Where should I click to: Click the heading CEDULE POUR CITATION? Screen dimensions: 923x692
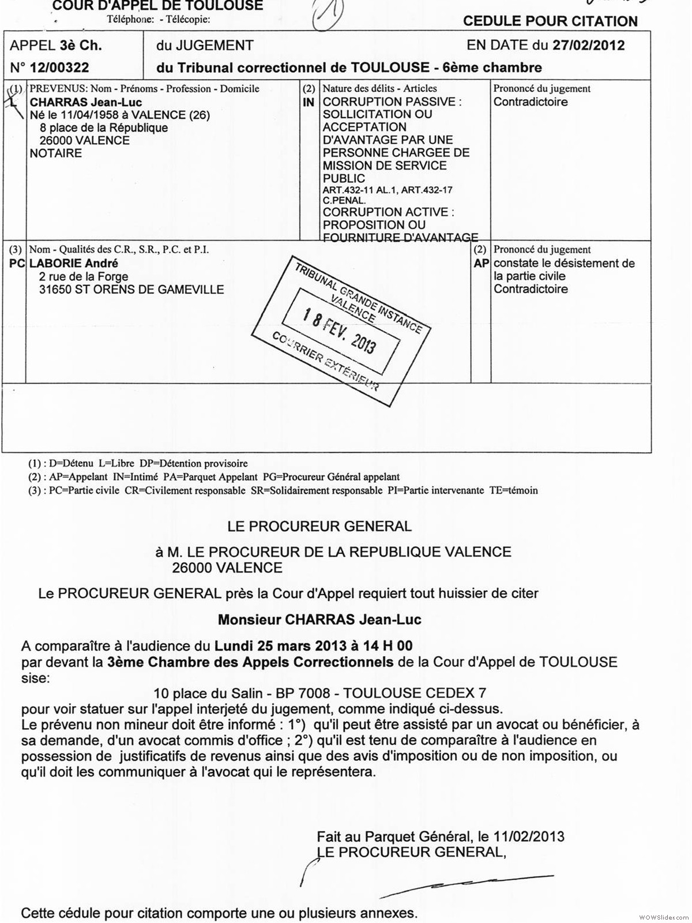pos(550,21)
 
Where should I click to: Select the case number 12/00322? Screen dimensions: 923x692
pos(59,67)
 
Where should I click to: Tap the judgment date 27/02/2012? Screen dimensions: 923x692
pos(588,46)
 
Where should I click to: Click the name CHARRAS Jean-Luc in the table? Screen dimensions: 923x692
pos(86,102)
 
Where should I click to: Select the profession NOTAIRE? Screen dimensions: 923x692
pos(56,153)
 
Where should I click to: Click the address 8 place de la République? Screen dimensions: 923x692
pos(104,127)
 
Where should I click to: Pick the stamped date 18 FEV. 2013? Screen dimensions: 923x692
pos(340,332)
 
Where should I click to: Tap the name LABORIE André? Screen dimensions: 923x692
pos(74,264)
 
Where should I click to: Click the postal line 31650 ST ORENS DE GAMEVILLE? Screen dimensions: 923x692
pos(131,290)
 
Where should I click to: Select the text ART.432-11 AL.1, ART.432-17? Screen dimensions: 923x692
pos(388,190)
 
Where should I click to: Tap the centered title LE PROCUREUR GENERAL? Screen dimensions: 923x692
pos(319,526)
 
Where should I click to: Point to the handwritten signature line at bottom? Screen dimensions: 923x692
pos(467,883)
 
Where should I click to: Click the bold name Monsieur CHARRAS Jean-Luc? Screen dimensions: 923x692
pos(319,620)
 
